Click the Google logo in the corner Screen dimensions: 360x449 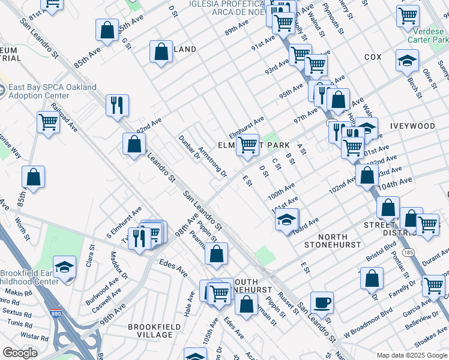(20, 353)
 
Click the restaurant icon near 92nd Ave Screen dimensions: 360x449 (117, 105)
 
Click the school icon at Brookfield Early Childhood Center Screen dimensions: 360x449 (65, 267)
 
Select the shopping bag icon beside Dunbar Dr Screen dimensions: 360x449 (134, 143)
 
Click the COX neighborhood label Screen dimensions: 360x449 (372, 57)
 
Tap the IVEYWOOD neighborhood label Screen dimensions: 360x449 (412, 127)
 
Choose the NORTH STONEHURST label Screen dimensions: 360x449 (332, 241)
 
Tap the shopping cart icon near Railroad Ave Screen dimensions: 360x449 (48, 122)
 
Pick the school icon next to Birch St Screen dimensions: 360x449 (407, 60)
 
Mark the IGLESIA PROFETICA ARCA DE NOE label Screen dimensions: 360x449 (227, 7)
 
